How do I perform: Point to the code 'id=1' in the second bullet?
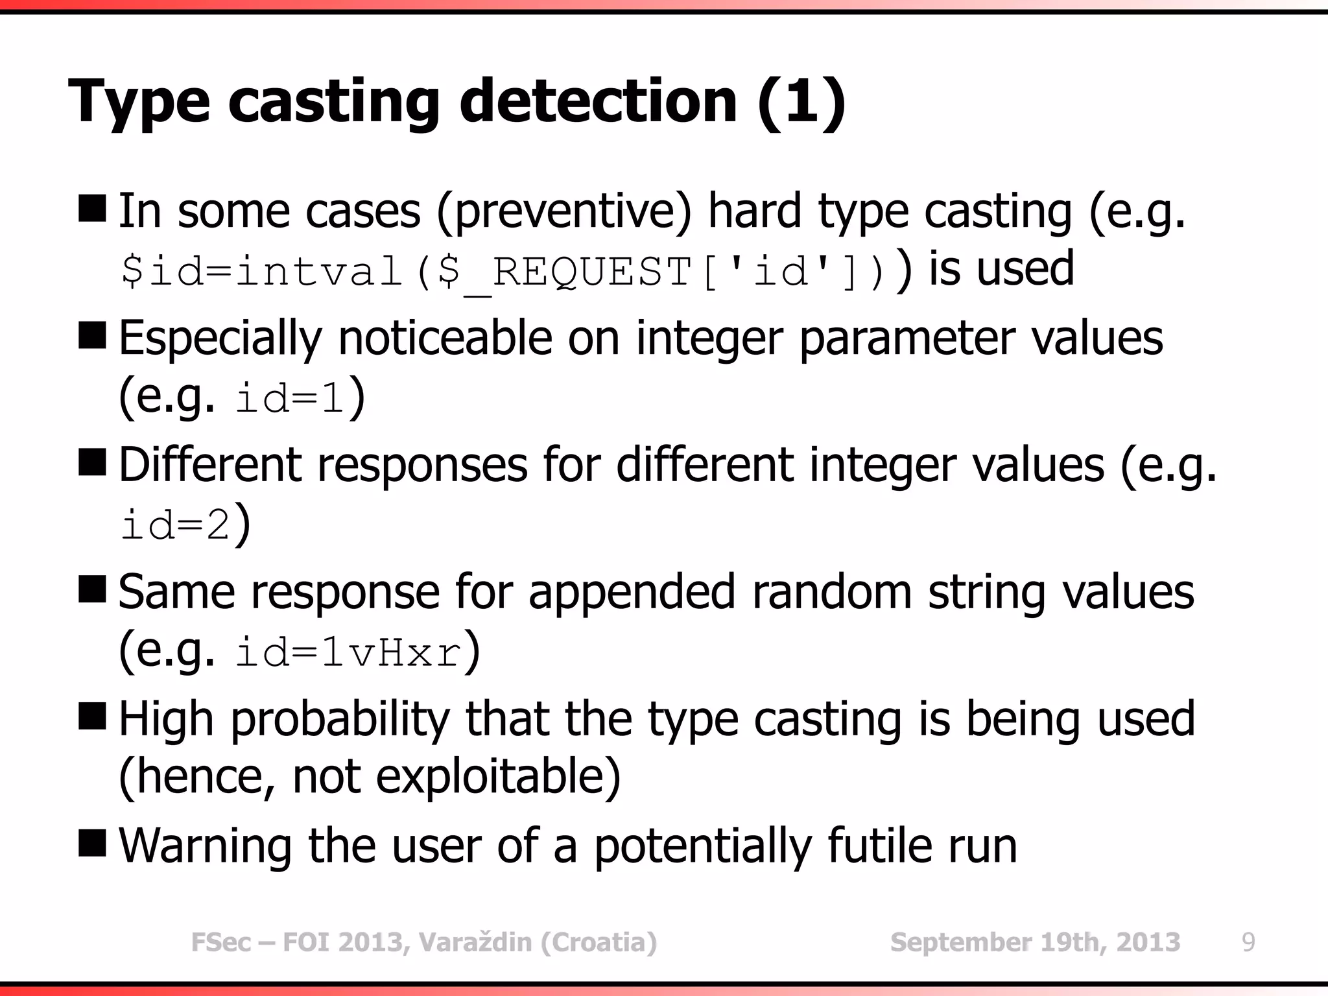(289, 398)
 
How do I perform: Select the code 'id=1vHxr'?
(349, 653)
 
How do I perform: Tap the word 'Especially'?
(220, 338)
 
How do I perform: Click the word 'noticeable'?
(445, 338)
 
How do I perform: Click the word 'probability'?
(340, 720)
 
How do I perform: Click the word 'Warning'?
(205, 846)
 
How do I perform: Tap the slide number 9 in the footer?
(1248, 942)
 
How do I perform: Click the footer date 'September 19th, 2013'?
(1035, 942)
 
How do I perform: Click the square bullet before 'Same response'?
(92, 590)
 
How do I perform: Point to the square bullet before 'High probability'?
(92, 717)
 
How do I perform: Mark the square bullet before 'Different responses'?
(92, 463)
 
